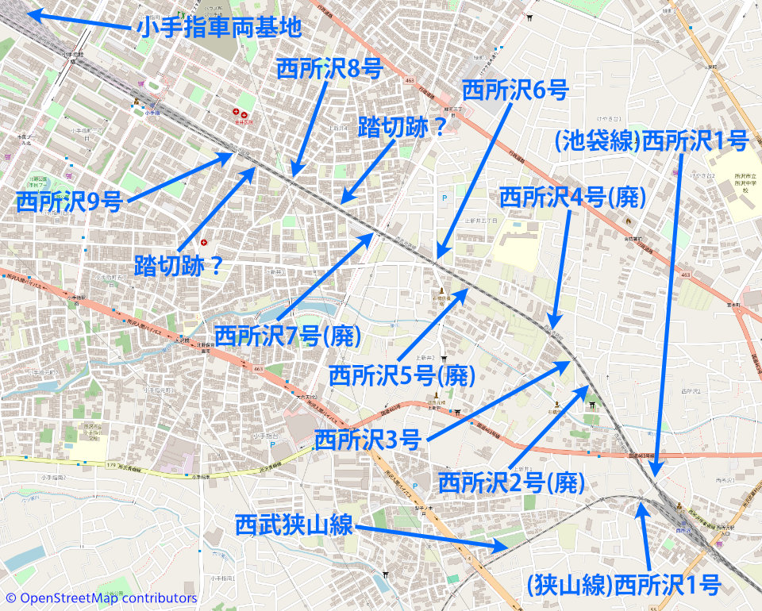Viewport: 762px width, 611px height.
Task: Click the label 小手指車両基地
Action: coord(219,28)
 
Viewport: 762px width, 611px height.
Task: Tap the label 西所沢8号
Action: coord(329,69)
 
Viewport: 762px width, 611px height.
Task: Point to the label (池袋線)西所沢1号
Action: coord(652,141)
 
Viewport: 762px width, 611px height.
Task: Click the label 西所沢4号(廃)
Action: coord(571,197)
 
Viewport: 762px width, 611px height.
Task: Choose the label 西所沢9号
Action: coord(69,202)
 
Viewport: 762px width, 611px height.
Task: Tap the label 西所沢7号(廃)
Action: coord(287,335)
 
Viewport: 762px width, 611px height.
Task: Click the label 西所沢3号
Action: coord(367,439)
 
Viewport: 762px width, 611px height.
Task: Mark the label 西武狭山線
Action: coord(294,525)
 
